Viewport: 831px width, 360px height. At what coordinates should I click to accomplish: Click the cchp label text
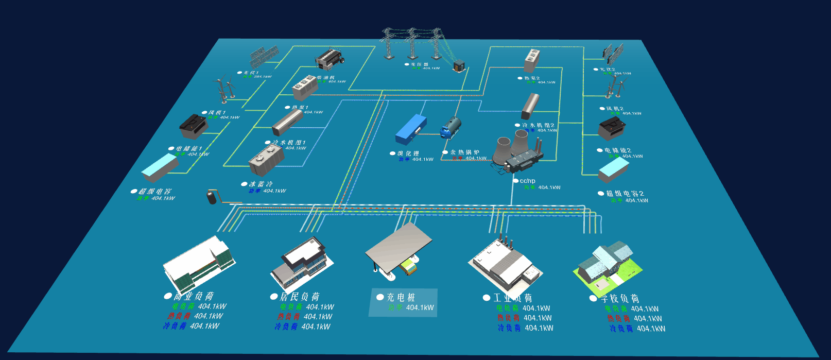point(527,181)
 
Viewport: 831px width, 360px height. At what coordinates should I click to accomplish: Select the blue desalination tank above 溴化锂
point(410,129)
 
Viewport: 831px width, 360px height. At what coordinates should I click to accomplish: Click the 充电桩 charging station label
point(401,297)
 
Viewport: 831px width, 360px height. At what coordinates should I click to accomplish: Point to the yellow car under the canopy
point(408,268)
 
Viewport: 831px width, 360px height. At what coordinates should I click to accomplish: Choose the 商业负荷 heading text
point(194,296)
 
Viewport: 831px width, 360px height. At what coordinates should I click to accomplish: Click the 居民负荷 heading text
point(300,297)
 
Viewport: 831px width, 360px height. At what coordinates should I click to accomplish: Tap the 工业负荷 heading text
point(513,298)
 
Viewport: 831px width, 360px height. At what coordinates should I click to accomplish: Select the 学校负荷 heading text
point(619,298)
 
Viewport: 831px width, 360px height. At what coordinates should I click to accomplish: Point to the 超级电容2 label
point(625,194)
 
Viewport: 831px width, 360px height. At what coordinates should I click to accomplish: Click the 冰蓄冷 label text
point(261,184)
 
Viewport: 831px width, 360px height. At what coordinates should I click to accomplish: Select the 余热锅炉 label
point(465,152)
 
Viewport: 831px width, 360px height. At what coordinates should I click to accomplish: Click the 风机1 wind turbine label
point(217,112)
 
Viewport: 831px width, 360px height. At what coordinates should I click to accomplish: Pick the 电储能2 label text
point(617,150)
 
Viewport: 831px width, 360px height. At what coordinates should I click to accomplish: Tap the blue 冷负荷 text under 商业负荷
point(175,326)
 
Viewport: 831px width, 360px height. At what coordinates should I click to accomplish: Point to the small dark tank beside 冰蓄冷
point(212,197)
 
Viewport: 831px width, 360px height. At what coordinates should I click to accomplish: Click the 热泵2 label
point(532,78)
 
